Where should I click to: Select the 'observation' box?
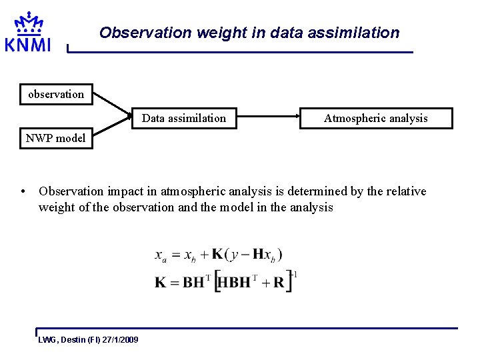[x=56, y=94]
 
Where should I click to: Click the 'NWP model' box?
[x=55, y=139]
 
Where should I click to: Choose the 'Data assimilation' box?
[x=184, y=118]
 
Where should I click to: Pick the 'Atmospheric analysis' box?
[x=375, y=118]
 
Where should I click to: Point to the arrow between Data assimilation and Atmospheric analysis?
[x=267, y=118]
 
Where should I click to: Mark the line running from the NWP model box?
[x=110, y=130]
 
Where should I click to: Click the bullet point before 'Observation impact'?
[x=23, y=192]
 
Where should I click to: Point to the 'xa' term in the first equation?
[x=161, y=255]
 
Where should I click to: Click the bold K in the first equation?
[x=217, y=255]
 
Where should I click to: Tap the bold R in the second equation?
[x=279, y=282]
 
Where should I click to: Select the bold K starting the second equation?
[x=161, y=282]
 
